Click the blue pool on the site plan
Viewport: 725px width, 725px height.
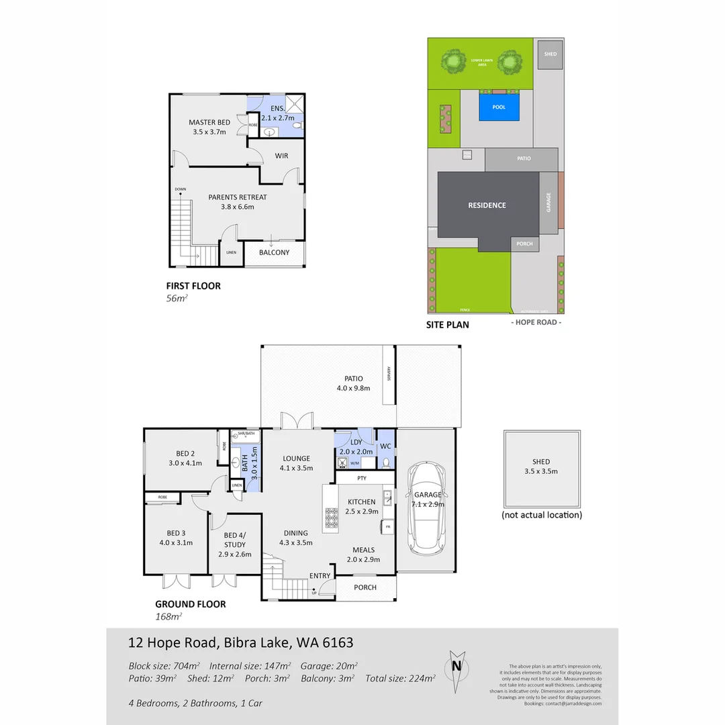point(499,107)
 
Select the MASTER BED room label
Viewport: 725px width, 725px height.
point(209,122)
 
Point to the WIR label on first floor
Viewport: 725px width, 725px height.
point(281,156)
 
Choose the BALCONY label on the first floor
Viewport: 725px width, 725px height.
point(274,252)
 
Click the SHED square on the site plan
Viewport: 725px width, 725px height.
point(550,54)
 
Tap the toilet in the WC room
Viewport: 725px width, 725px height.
point(385,463)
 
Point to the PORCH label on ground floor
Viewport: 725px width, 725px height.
point(365,587)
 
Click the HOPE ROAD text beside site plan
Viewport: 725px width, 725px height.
point(536,323)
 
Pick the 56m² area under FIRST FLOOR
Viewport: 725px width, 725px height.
point(176,299)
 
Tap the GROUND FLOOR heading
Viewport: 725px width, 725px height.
point(191,604)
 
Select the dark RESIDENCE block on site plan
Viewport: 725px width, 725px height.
point(487,205)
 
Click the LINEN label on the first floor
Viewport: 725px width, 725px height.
point(231,252)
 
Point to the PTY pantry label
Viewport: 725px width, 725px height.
point(362,478)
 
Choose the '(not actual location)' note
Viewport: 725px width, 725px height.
point(542,516)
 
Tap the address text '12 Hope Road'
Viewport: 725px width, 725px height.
point(174,643)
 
